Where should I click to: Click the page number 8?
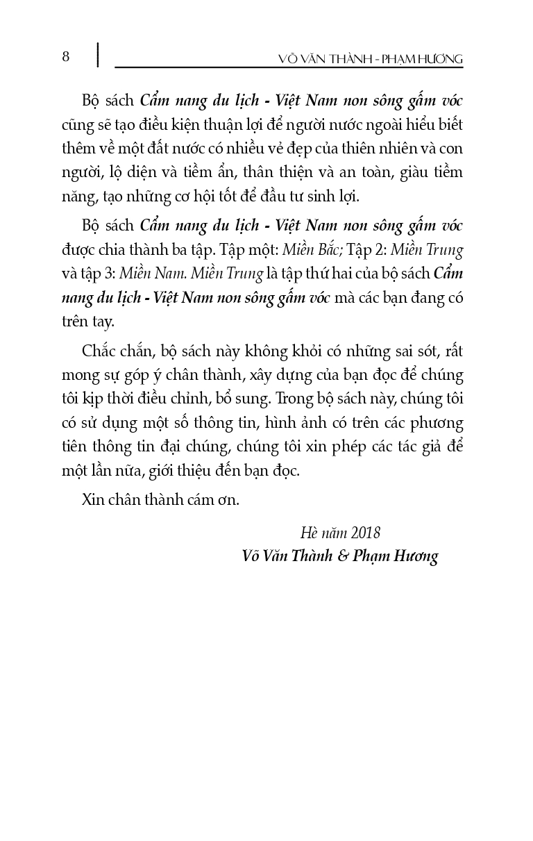pyautogui.click(x=66, y=56)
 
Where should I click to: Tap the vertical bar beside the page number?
pyautogui.click(x=97, y=56)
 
